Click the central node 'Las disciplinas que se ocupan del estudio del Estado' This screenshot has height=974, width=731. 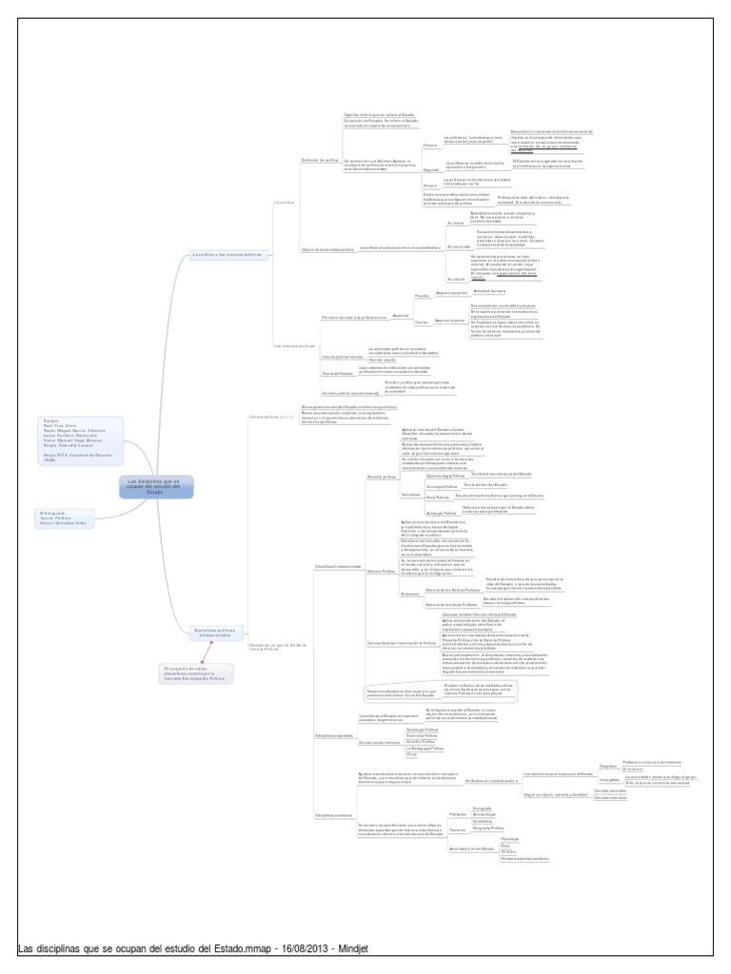coord(158,487)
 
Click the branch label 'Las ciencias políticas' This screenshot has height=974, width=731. coord(294,345)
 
